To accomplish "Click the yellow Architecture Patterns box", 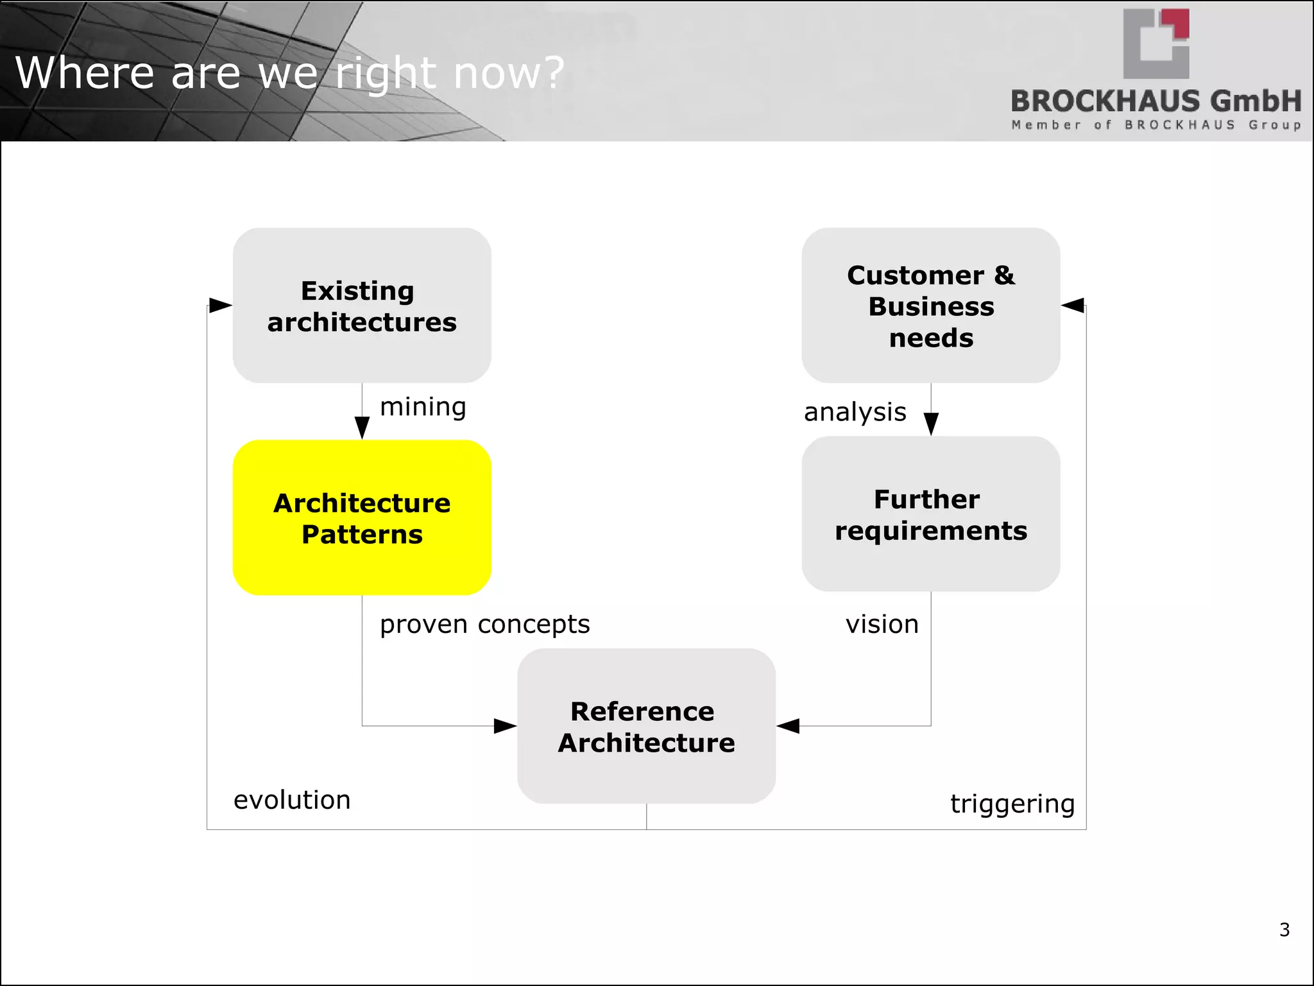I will click(x=362, y=517).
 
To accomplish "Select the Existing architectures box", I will click(x=362, y=306).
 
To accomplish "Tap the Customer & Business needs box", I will click(x=930, y=306).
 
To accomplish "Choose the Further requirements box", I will click(x=930, y=514).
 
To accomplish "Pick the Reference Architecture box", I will click(x=646, y=726).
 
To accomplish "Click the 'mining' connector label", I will click(x=423, y=407).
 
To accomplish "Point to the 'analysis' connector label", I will click(x=855, y=412).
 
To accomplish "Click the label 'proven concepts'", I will click(x=484, y=624).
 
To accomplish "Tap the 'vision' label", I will click(x=882, y=624).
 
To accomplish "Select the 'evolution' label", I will click(x=292, y=800).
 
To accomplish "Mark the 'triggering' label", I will click(x=1012, y=804).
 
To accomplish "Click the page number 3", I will click(x=1284, y=930).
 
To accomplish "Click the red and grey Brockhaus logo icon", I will click(x=1156, y=44).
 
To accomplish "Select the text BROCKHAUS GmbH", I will click(x=1156, y=101).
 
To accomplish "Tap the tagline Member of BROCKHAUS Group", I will click(x=1156, y=125).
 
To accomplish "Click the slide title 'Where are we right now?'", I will click(x=289, y=73).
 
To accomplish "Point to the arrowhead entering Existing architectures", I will click(x=220, y=306).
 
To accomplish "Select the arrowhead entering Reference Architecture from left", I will click(x=505, y=726).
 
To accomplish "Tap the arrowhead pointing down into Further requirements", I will click(x=931, y=424).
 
